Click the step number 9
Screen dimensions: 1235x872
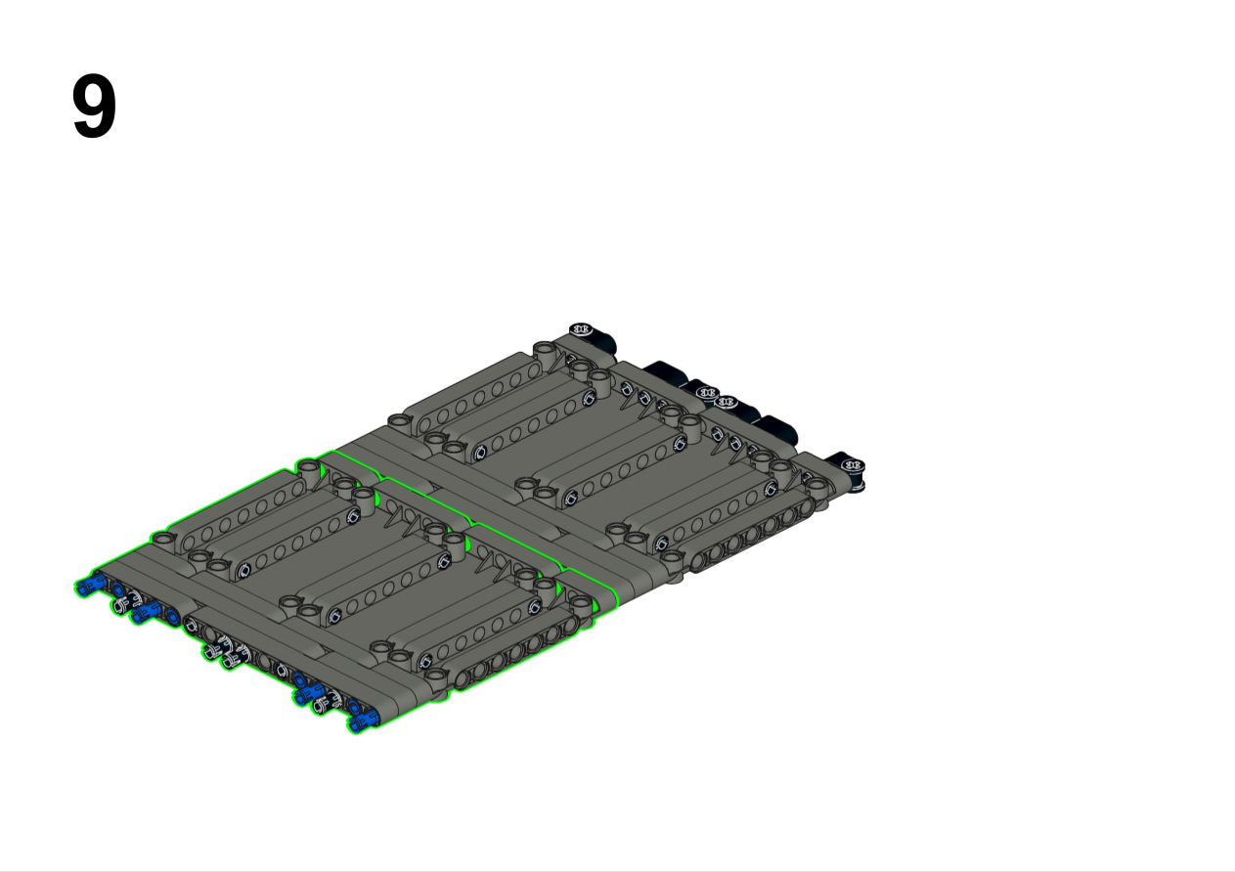point(94,106)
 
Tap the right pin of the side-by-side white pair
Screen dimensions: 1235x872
point(235,657)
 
